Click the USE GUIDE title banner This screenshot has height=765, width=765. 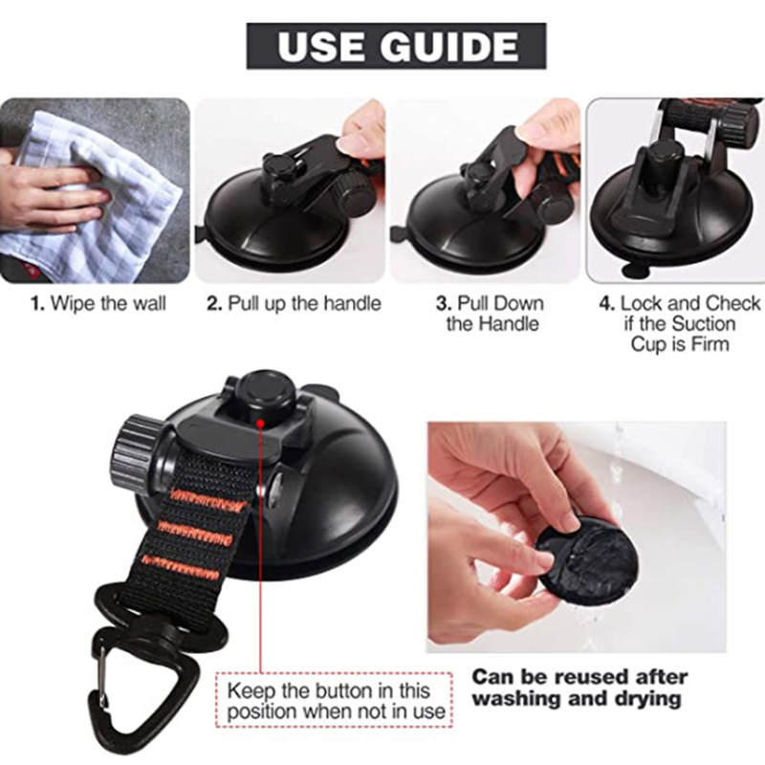click(x=396, y=46)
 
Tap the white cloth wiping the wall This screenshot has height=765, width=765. click(x=98, y=195)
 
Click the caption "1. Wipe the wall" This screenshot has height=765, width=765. click(x=98, y=303)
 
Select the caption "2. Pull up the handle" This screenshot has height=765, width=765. click(x=294, y=303)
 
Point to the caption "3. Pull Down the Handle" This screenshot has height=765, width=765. click(x=490, y=314)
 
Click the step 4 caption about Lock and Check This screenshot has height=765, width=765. click(x=680, y=323)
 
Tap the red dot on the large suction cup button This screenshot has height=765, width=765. click(x=260, y=424)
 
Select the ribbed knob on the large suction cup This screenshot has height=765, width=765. click(x=133, y=451)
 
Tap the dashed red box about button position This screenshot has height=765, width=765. click(x=334, y=701)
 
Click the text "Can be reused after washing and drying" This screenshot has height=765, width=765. click(x=579, y=688)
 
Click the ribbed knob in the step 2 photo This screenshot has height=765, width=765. click(x=352, y=193)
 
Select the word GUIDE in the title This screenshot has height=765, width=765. click(x=448, y=46)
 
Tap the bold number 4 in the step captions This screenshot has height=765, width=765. click(x=606, y=303)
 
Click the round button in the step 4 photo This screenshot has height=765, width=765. click(x=663, y=151)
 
